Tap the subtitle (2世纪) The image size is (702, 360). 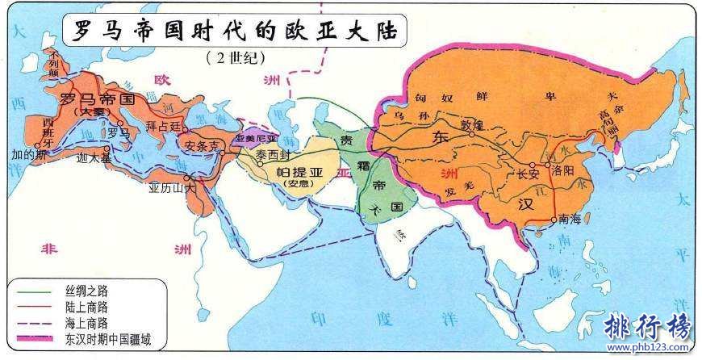[235, 58]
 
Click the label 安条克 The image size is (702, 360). [202, 147]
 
